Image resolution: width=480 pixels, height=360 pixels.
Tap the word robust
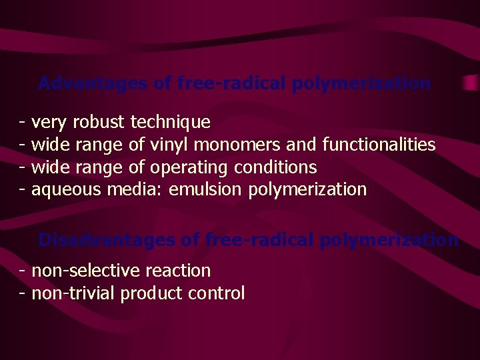[99, 122]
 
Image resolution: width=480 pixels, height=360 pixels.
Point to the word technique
[171, 122]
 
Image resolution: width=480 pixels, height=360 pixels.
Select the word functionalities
[379, 145]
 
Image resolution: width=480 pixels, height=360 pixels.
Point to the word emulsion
[206, 190]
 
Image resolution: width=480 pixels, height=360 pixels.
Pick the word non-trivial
[73, 293]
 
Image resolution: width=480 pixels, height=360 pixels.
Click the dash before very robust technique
[23, 123]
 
